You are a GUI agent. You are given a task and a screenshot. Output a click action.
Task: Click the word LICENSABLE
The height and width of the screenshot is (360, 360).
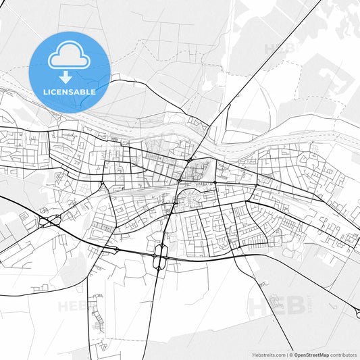tap(70, 91)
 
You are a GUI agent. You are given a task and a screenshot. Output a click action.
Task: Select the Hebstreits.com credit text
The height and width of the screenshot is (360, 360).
tap(267, 355)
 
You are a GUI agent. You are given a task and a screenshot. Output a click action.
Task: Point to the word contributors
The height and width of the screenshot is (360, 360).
tap(344, 355)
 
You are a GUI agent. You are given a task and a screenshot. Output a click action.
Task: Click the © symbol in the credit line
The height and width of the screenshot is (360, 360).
tap(290, 355)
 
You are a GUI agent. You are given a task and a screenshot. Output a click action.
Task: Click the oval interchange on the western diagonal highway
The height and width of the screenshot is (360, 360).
tap(49, 220)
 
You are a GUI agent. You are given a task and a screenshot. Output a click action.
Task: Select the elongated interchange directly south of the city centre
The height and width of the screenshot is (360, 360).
tap(161, 255)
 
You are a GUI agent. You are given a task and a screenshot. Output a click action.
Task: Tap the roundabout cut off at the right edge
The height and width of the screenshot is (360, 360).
tap(357, 314)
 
